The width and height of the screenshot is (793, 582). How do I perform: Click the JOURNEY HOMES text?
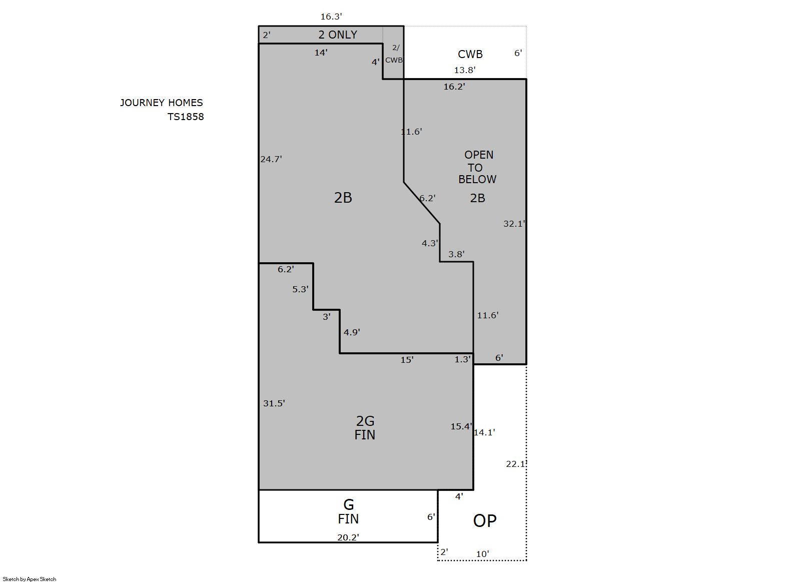[x=162, y=103]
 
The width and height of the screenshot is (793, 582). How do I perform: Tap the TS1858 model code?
[x=186, y=117]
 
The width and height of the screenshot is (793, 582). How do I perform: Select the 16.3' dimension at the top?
[x=331, y=17]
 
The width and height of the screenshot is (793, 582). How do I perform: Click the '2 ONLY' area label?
[x=338, y=35]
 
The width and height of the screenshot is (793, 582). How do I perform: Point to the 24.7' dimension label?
[x=271, y=159]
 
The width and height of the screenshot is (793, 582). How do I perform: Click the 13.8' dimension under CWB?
[x=464, y=70]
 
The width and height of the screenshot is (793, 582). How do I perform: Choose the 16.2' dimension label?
[x=454, y=87]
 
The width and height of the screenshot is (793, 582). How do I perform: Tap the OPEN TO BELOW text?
[x=478, y=167]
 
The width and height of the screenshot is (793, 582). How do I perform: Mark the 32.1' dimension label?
[x=514, y=224]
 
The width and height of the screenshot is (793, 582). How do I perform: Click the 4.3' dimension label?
[x=430, y=243]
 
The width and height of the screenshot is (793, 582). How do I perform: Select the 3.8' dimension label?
[x=456, y=254]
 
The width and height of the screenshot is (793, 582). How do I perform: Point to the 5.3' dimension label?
[x=300, y=289]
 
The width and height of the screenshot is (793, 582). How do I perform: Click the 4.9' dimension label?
[x=352, y=332]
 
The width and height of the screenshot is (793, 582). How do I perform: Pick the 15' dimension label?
[x=407, y=360]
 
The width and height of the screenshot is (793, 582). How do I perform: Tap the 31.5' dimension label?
[x=274, y=403]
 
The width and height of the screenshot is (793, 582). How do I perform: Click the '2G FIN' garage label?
[x=365, y=428]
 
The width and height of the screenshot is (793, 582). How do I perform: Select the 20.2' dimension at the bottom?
[x=348, y=537]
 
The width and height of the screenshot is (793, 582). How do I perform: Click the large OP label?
[x=485, y=521]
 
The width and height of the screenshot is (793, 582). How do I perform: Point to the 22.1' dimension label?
[x=516, y=464]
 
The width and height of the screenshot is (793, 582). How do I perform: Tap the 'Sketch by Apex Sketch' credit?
[x=30, y=579]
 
